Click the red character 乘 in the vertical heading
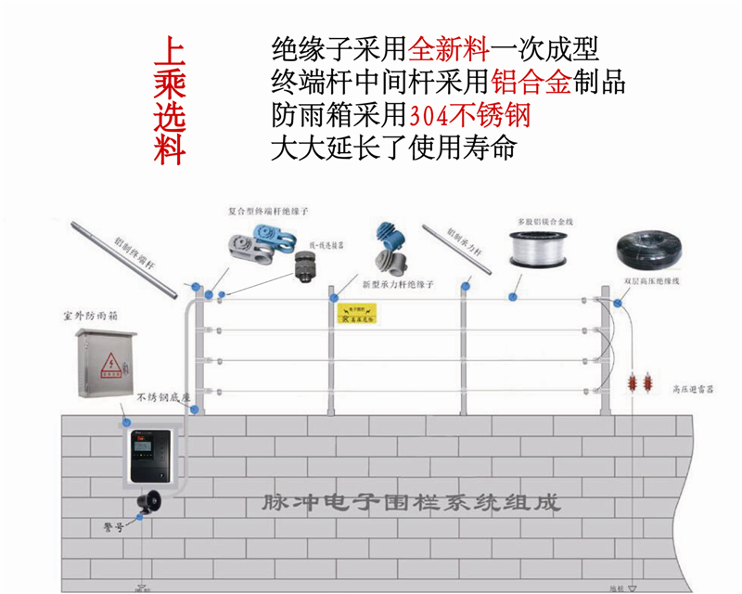pos(169,83)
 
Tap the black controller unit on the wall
pos(148,460)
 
